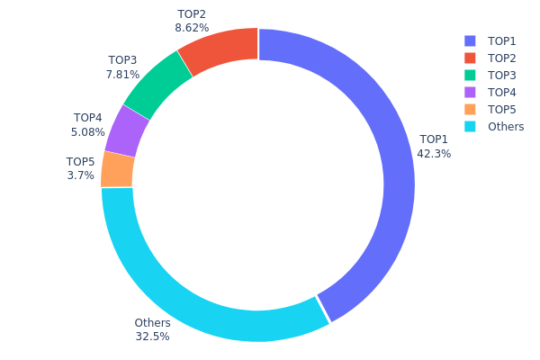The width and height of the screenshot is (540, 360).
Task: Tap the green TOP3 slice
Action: (157, 85)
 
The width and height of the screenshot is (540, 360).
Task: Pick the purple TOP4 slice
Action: (127, 130)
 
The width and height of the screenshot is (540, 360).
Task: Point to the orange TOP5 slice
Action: (118, 169)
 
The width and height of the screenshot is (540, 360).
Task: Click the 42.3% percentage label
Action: (434, 154)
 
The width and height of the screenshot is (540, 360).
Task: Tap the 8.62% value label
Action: (192, 29)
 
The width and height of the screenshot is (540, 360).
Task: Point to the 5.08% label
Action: (88, 132)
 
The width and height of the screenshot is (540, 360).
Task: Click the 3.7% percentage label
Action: (80, 175)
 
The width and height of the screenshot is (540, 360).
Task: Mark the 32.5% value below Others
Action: (152, 337)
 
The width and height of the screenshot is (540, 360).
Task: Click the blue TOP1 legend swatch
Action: (470, 40)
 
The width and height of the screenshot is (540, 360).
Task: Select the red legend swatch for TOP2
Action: (470, 58)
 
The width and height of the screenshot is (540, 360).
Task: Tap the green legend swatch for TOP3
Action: (470, 75)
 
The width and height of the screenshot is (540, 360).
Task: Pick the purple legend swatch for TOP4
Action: (470, 92)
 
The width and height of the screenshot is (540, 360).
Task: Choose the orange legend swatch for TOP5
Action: (470, 109)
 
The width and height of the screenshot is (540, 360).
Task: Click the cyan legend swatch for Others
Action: (470, 126)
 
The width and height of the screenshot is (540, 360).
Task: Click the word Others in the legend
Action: (505, 126)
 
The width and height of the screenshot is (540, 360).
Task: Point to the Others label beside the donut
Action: (152, 323)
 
